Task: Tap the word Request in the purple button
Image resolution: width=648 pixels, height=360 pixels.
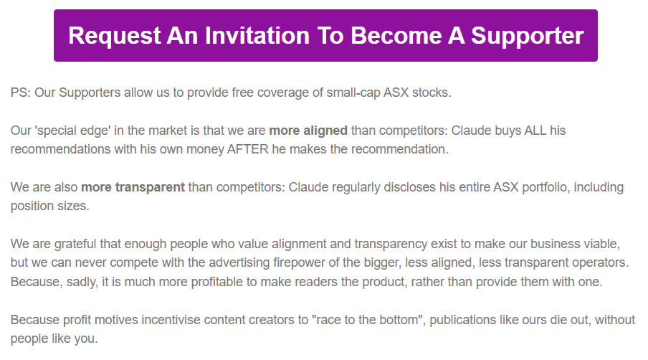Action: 115,37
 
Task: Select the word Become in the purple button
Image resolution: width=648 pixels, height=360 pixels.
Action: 396,36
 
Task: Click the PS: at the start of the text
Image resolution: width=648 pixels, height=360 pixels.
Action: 21,93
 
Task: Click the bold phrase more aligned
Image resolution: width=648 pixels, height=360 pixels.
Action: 308,131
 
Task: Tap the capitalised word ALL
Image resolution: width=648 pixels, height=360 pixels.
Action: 535,131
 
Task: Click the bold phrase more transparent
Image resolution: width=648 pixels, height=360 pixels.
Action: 133,187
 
